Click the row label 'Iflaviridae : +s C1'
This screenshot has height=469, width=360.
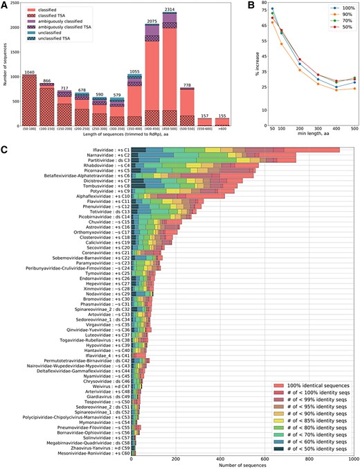[x=103, y=149]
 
